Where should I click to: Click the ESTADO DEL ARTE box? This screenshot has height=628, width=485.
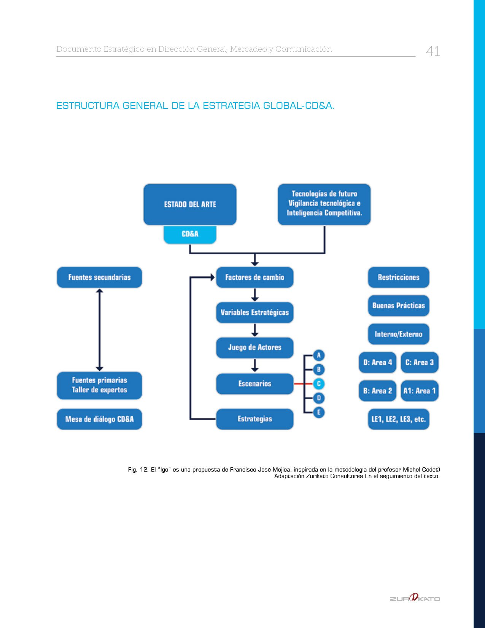click(190, 204)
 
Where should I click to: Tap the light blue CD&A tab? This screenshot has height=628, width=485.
click(190, 234)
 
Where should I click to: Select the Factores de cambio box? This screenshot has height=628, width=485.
click(254, 277)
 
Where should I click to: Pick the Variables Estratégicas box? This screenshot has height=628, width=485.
click(254, 312)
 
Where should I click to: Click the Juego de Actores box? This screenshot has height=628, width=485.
click(254, 347)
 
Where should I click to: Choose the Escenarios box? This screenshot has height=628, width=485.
click(254, 384)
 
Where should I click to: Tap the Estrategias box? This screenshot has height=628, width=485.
click(254, 419)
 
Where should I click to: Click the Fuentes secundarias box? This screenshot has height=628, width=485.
click(99, 277)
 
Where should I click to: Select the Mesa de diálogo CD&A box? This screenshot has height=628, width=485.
click(99, 419)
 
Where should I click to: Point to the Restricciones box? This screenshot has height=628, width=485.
click(398, 277)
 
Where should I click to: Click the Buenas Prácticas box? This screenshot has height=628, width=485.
click(398, 306)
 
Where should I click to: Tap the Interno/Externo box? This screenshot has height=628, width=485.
click(398, 334)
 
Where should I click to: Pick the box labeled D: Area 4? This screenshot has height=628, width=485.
click(378, 362)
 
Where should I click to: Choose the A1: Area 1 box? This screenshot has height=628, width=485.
click(420, 391)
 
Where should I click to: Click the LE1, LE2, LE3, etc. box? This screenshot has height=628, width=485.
click(398, 419)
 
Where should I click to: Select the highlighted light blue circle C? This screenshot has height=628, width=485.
click(319, 384)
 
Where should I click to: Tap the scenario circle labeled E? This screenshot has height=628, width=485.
click(319, 412)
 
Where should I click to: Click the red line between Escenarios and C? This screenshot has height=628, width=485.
click(303, 384)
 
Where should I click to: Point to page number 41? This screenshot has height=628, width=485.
click(433, 51)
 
